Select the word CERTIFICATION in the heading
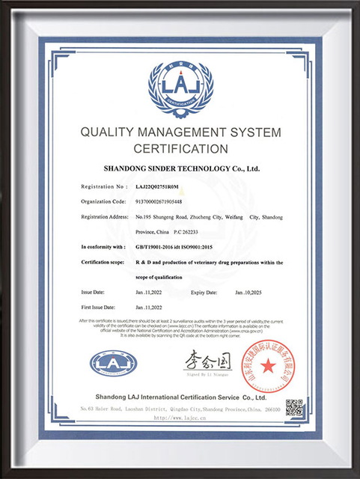click(180, 148)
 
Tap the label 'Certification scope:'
click(105, 262)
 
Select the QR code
click(293, 408)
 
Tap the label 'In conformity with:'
click(103, 245)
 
